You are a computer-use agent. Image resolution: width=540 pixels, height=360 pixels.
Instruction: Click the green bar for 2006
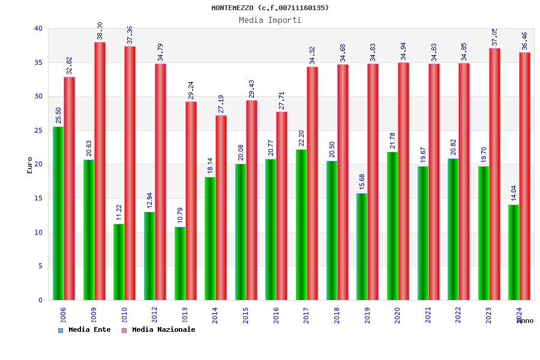click(58, 213)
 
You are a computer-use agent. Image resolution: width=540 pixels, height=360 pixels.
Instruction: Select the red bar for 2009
click(100, 171)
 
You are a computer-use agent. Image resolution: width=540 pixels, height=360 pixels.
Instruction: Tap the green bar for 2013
click(179, 263)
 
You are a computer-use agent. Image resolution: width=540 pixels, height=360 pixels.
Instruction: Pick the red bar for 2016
click(281, 206)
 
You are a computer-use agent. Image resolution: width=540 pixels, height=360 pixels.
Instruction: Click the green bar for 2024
click(514, 252)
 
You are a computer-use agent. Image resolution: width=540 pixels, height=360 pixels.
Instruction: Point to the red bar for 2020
click(403, 181)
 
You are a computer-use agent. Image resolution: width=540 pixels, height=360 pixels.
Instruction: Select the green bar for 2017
click(301, 224)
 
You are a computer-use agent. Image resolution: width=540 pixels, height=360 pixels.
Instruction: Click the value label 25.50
click(58, 115)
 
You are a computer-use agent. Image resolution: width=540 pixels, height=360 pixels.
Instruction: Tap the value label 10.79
click(179, 215)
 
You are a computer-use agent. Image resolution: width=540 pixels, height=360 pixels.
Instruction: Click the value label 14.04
click(514, 193)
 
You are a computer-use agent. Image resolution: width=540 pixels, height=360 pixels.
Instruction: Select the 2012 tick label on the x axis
click(154, 315)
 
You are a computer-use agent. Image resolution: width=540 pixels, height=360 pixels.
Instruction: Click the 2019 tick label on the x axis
click(367, 315)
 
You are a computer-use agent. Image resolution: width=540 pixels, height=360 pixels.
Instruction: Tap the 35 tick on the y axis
click(38, 62)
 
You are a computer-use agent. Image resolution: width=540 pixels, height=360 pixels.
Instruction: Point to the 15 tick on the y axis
click(38, 199)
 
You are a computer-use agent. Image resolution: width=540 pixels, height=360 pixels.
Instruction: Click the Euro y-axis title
click(30, 165)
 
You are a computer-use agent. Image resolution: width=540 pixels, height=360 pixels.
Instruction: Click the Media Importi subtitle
click(270, 20)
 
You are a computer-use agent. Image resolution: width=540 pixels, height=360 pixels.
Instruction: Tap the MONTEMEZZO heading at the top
click(270, 8)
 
